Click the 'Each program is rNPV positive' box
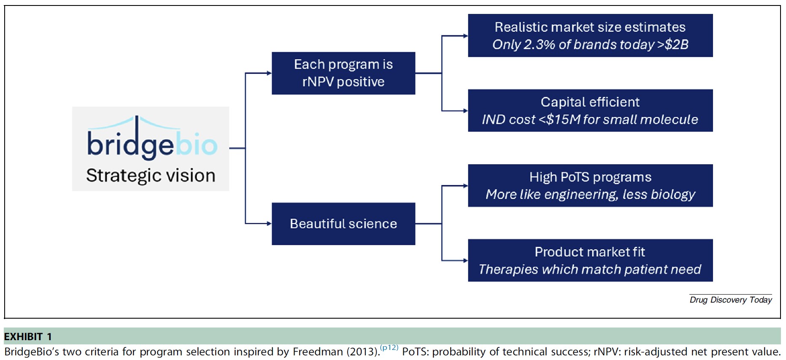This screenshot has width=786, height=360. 343,73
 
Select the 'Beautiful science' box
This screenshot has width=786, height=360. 343,224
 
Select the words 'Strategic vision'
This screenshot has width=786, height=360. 151,176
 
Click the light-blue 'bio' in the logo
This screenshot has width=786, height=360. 196,145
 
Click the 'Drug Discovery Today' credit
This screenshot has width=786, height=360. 730,300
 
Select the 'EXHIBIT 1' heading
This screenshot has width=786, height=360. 28,337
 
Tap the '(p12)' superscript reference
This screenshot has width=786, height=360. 389,348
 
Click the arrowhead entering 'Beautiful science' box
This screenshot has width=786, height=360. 269,224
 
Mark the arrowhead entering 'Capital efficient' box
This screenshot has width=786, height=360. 465,111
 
